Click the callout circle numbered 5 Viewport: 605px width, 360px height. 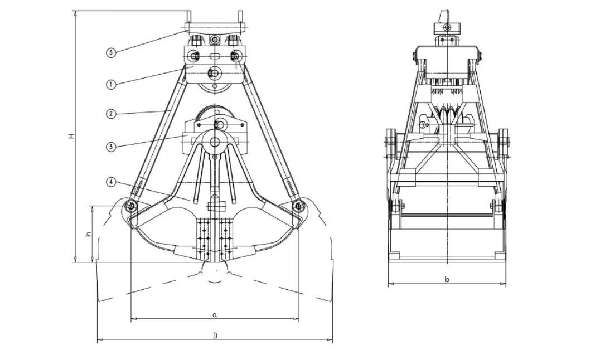pyautogui.click(x=110, y=52)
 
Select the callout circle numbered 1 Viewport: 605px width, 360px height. pyautogui.click(x=110, y=85)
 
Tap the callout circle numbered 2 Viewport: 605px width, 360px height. pyautogui.click(x=110, y=114)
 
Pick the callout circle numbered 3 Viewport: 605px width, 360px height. pyautogui.click(x=110, y=147)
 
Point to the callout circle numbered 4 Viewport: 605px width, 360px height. pyautogui.click(x=110, y=182)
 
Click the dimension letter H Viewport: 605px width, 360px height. pyautogui.click(x=71, y=136)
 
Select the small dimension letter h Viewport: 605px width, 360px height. pyautogui.click(x=88, y=235)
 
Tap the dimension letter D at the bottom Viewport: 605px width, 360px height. pyautogui.click(x=215, y=335)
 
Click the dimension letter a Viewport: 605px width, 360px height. pyautogui.click(x=215, y=315)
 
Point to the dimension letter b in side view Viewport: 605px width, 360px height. pyautogui.click(x=447, y=279)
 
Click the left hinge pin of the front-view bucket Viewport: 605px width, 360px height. pyautogui.click(x=130, y=206)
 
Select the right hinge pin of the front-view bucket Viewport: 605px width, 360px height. pyautogui.click(x=299, y=206)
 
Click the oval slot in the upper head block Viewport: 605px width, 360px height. pyautogui.click(x=215, y=56)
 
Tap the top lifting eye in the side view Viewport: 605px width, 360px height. pyautogui.click(x=446, y=26)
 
